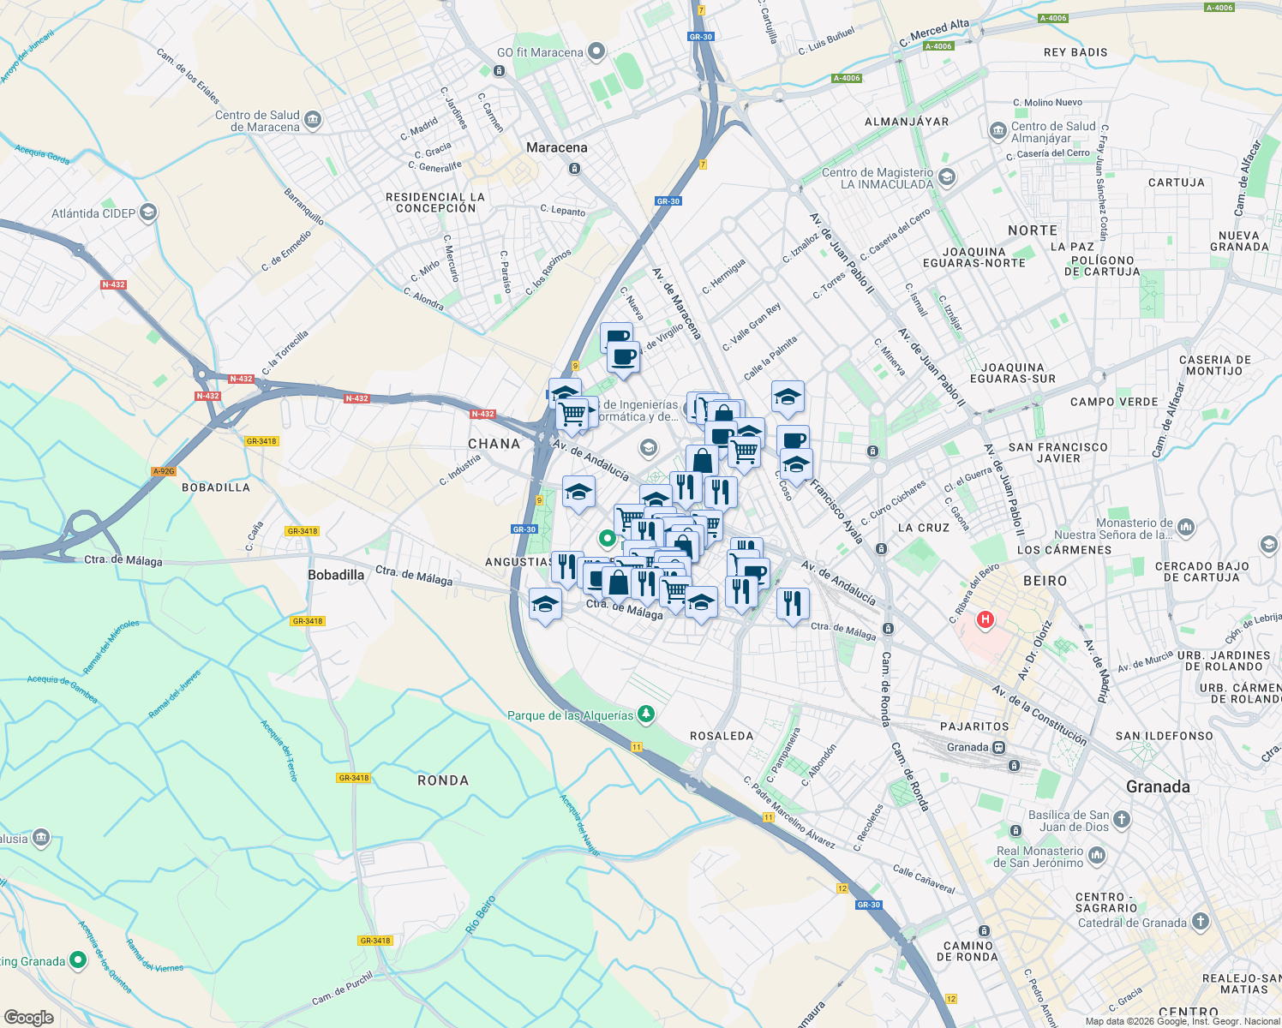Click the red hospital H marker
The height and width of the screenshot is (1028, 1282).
pyautogui.click(x=985, y=619)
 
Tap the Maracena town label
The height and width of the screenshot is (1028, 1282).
pyautogui.click(x=557, y=147)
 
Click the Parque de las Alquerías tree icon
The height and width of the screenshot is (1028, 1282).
pyautogui.click(x=646, y=714)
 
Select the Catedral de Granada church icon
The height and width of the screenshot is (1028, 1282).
pyautogui.click(x=1201, y=922)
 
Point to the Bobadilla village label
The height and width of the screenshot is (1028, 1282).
pyautogui.click(x=336, y=575)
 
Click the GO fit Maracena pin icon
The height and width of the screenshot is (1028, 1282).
pyautogui.click(x=596, y=52)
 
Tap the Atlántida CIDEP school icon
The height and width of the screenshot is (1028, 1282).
pyautogui.click(x=148, y=212)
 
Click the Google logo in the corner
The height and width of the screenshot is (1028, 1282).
pyautogui.click(x=29, y=1017)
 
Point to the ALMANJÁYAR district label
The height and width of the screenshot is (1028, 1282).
pyautogui.click(x=907, y=122)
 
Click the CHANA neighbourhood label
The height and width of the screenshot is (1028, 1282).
pyautogui.click(x=494, y=444)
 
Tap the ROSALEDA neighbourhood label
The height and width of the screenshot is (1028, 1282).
pyautogui.click(x=722, y=736)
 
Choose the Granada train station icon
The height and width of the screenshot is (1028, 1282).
pyautogui.click(x=999, y=747)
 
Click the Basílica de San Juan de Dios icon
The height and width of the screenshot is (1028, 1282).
pyautogui.click(x=1122, y=820)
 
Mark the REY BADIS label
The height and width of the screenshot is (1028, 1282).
pyautogui.click(x=1075, y=52)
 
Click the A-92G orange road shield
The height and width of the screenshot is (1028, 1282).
pyautogui.click(x=164, y=471)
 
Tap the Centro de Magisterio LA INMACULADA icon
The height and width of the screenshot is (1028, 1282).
pyautogui.click(x=947, y=177)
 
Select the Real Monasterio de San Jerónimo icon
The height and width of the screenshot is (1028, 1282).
pyautogui.click(x=1097, y=856)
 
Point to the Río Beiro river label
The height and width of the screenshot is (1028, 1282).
pyautogui.click(x=481, y=915)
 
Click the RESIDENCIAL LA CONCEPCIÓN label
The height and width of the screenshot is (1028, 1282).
pyautogui.click(x=435, y=202)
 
